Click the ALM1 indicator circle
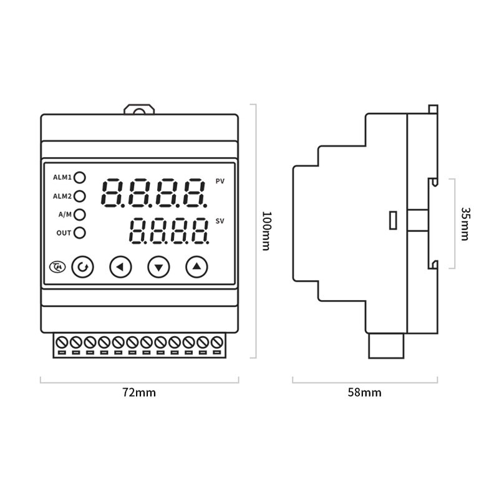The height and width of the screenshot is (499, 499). tap(80, 177)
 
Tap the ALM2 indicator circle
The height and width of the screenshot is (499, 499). tap(80, 196)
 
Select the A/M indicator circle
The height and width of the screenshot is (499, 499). tap(80, 215)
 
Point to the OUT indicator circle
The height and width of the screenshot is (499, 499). tap(80, 233)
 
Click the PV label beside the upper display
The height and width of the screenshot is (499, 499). tap(220, 182)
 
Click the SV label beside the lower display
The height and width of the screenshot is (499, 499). tap(220, 221)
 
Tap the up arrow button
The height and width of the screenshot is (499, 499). tap(196, 268)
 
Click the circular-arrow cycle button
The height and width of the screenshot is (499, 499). tap(82, 268)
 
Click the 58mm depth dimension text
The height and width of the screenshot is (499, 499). tap(364, 392)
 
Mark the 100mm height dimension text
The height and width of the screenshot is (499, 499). tap(265, 231)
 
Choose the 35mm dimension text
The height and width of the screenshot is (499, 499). tap(465, 223)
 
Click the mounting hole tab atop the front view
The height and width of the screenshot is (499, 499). tap(138, 110)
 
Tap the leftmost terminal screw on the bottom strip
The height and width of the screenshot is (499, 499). tap(62, 342)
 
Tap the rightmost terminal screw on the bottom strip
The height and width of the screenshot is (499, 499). tap(216, 342)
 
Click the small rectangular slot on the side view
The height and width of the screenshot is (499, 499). tap(393, 221)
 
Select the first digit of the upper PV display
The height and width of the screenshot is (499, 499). tap(112, 192)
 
